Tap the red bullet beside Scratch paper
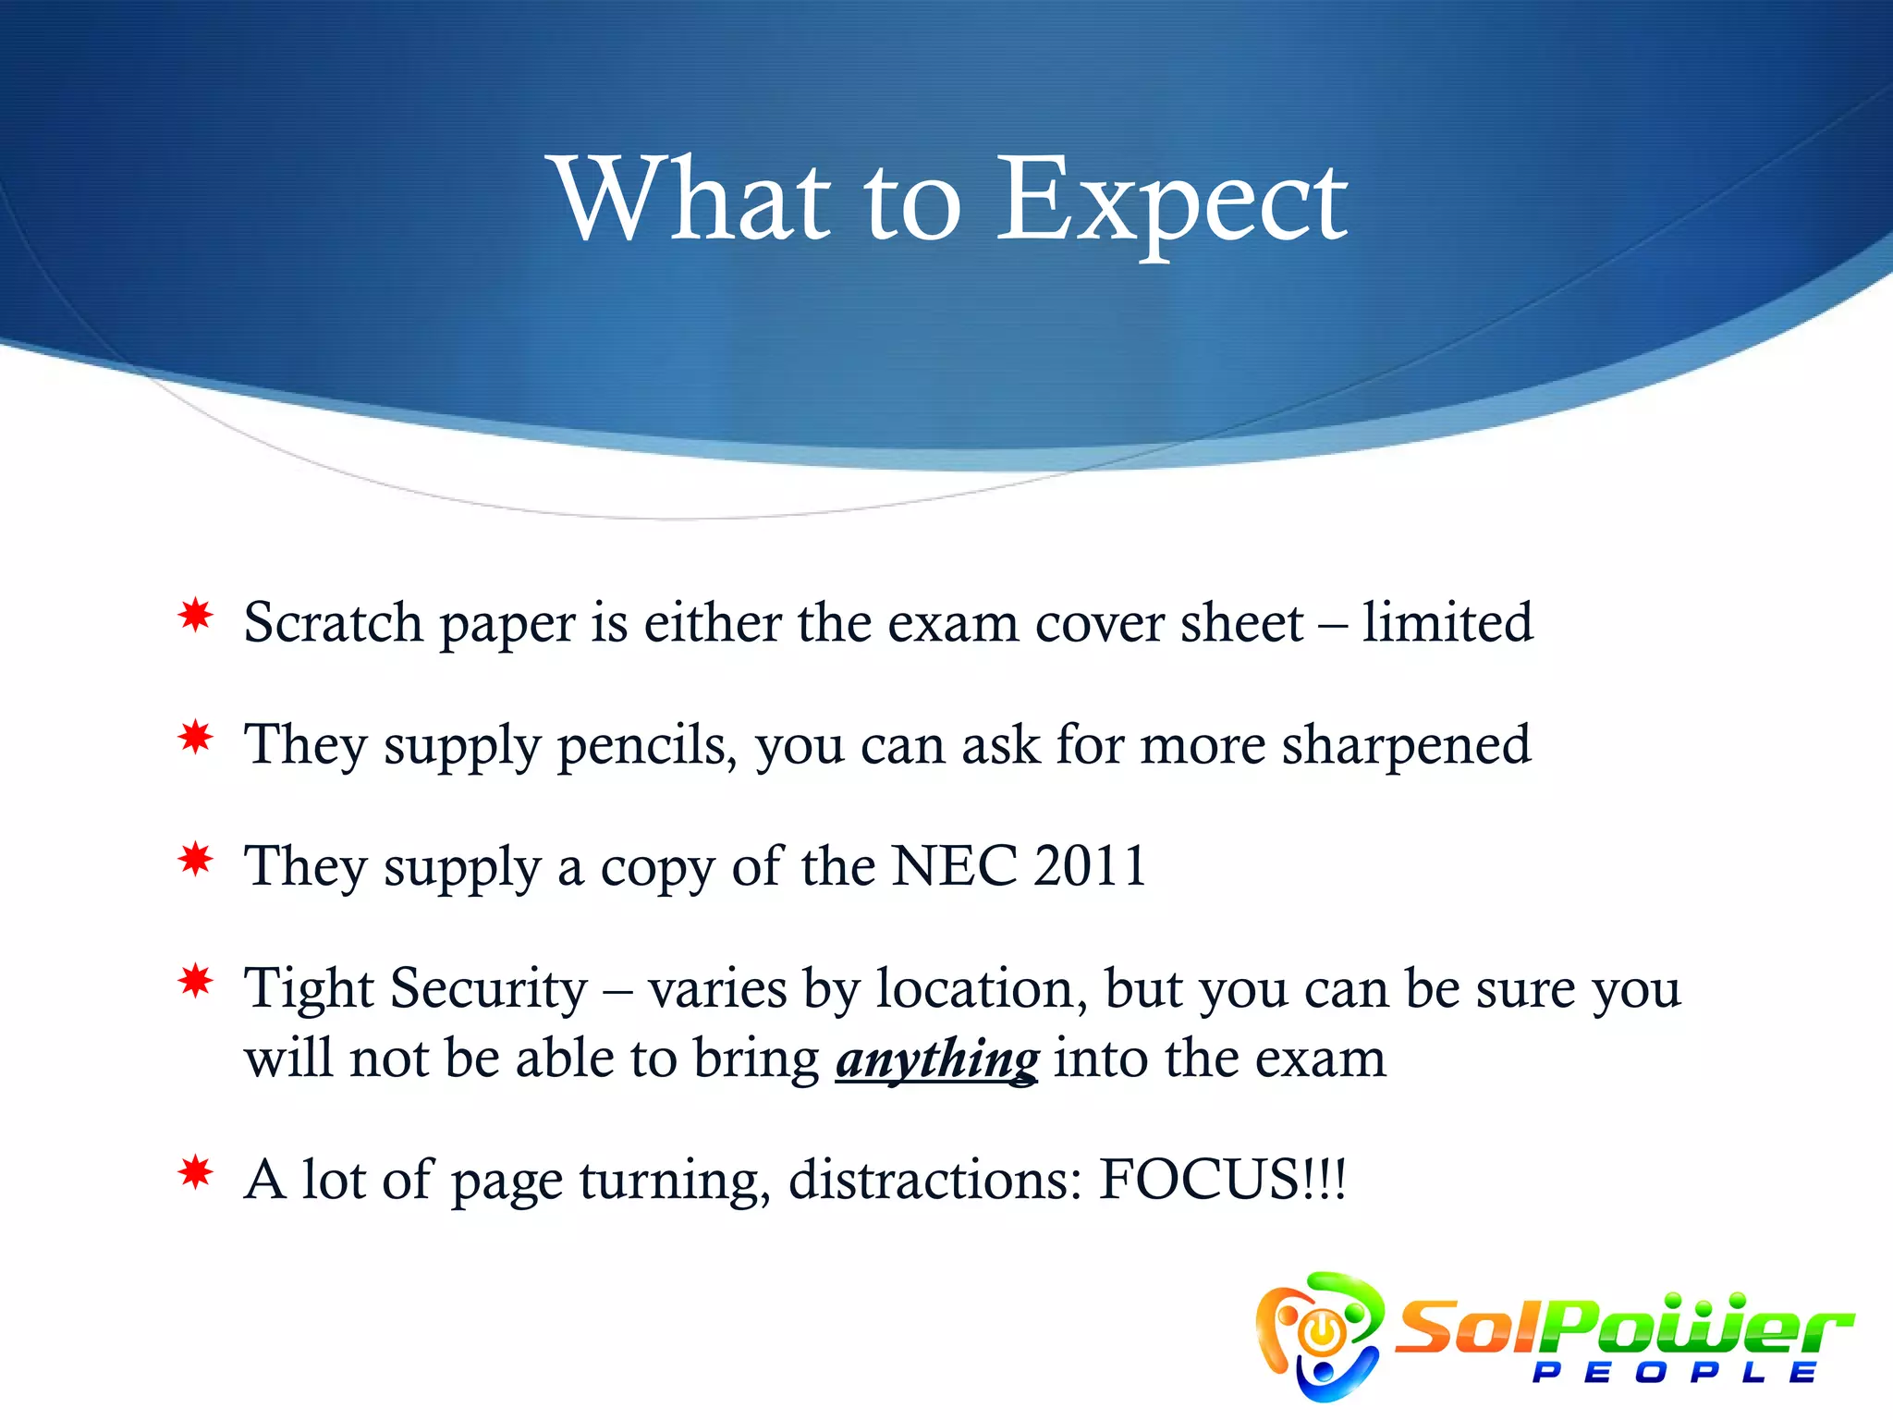pos(196,616)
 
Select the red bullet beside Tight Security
pos(196,981)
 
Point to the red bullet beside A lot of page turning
pos(196,1173)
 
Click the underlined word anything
pos(937,1059)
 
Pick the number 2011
pos(1090,866)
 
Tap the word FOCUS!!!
pos(1222,1180)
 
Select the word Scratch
pos(333,622)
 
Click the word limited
pos(1447,622)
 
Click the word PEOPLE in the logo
pos(1674,1372)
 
